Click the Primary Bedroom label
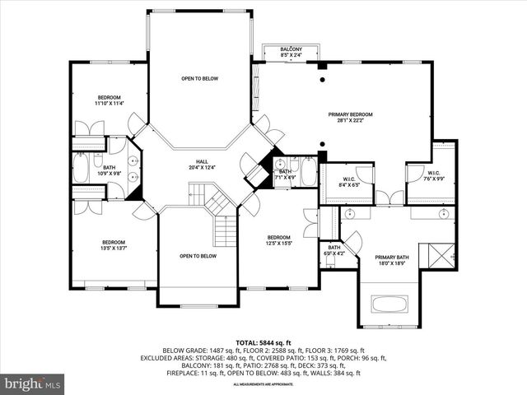(x=351, y=118)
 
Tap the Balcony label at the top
(x=291, y=53)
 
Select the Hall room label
(x=202, y=165)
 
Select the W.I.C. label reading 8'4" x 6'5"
(x=347, y=182)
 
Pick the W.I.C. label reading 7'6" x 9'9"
(x=434, y=176)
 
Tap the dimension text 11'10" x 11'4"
(x=109, y=103)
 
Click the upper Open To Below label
(x=199, y=79)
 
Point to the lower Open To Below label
(x=198, y=256)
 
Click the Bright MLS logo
(x=33, y=383)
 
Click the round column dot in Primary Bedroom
(x=323, y=80)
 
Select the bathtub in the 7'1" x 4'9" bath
(x=308, y=172)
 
